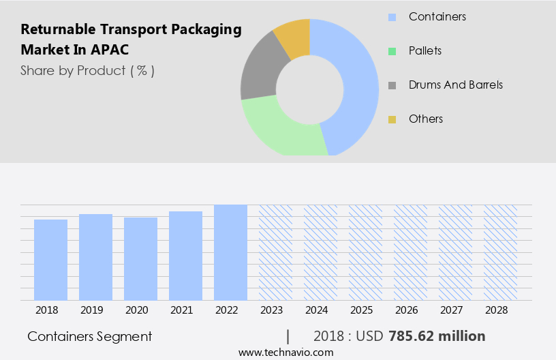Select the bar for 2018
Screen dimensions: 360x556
click(51, 260)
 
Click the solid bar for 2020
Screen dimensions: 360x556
click(141, 259)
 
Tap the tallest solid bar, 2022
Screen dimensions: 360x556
click(231, 252)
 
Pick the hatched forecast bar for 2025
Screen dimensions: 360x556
click(366, 252)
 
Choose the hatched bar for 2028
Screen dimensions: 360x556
click(501, 252)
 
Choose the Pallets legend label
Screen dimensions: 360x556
click(425, 50)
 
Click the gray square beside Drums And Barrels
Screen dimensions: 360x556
click(392, 85)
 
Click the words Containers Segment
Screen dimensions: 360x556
click(90, 336)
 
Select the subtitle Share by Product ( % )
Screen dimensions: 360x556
click(87, 70)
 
